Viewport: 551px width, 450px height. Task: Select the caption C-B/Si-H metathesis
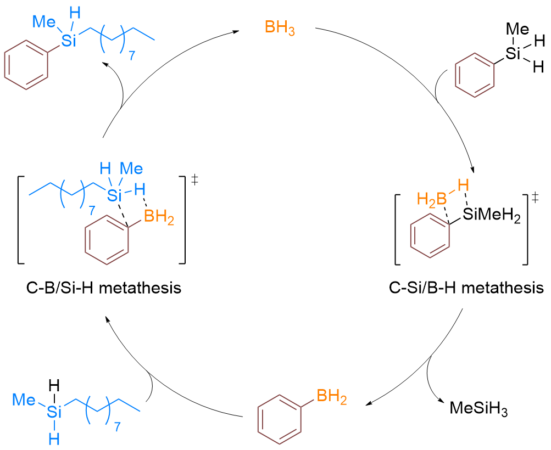(103, 287)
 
